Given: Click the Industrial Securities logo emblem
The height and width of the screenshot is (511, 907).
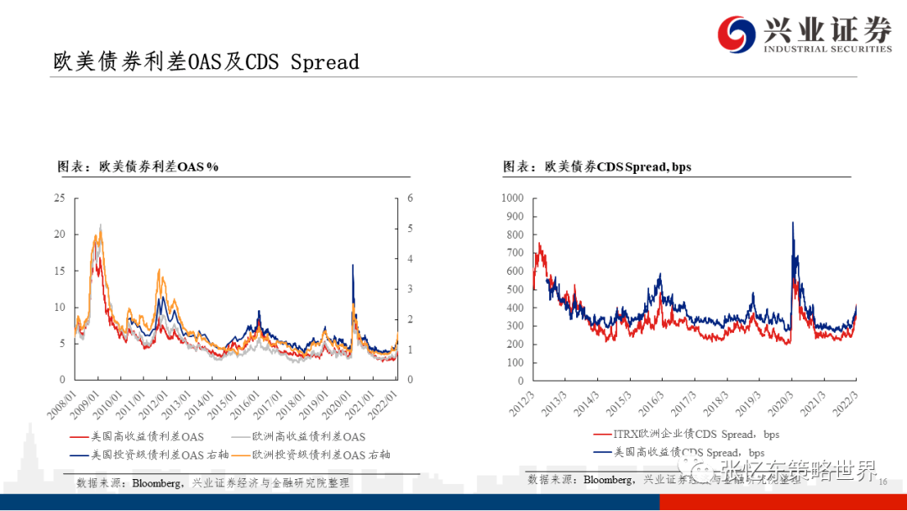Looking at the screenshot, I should [737, 34].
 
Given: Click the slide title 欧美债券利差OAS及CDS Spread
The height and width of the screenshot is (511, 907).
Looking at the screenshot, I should [206, 62].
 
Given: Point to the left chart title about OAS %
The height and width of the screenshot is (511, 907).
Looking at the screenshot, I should [138, 166].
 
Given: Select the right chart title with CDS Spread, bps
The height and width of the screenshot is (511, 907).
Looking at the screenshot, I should [597, 166].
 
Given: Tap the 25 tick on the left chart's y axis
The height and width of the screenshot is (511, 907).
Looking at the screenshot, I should [59, 198].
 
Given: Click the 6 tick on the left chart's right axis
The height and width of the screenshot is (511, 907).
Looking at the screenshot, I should [411, 198].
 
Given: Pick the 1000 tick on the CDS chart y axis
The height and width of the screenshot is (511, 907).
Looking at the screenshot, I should [511, 198].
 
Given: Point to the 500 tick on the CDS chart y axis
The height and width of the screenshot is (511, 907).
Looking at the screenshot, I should [515, 290].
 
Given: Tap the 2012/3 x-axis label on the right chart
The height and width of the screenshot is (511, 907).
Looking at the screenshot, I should [520, 398].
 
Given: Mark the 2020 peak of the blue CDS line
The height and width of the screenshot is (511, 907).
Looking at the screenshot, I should [793, 223].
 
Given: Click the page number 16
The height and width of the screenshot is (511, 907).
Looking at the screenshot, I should [883, 482].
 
